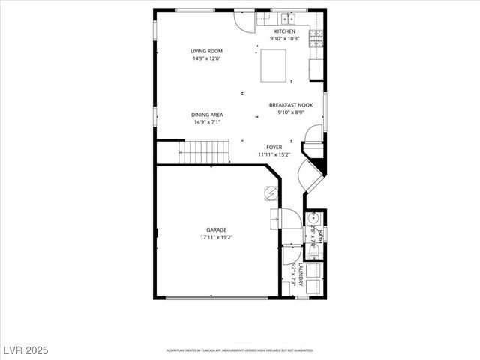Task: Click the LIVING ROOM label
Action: click(205, 52)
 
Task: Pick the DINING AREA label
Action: click(208, 115)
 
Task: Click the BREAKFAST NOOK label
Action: click(295, 105)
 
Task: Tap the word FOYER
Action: click(274, 147)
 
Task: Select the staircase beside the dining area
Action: click(205, 152)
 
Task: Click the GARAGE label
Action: click(217, 229)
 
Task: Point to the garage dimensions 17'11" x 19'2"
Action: click(217, 237)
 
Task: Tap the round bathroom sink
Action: click(313, 220)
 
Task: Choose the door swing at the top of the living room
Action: click(244, 20)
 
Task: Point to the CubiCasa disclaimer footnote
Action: click(239, 349)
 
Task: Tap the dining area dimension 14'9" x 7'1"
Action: click(208, 122)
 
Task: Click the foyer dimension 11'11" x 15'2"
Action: click(274, 154)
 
